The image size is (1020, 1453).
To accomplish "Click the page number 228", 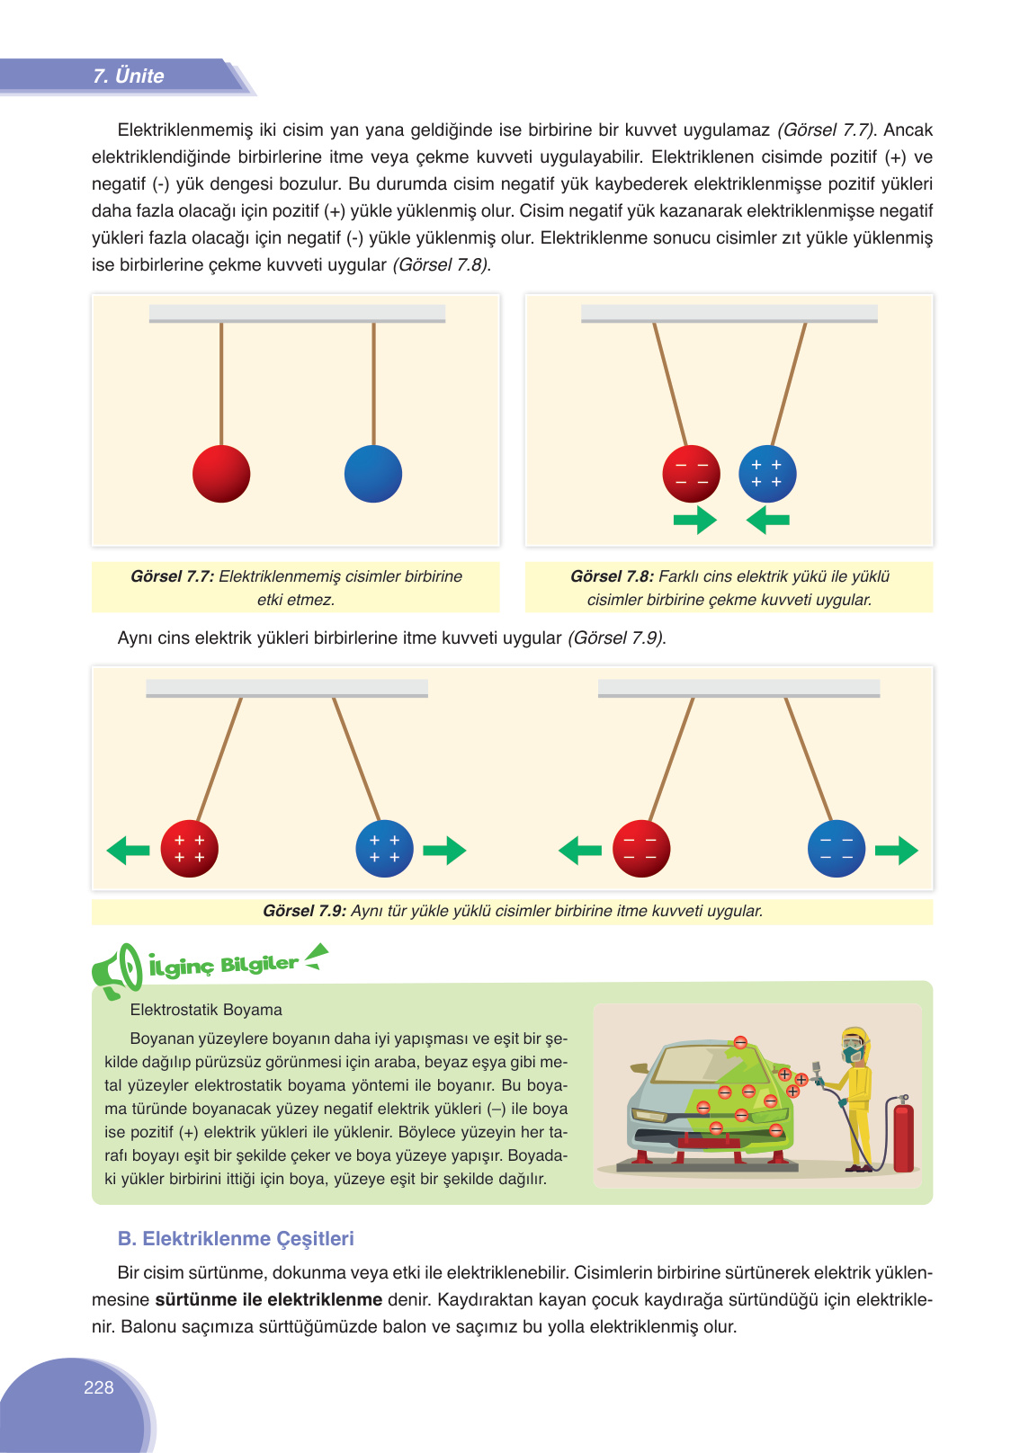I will coord(99,1387).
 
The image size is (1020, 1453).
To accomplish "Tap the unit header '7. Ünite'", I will coord(129,76).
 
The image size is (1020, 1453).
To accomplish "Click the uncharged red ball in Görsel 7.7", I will coord(221,474).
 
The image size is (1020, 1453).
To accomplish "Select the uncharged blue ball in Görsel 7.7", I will coord(373,474).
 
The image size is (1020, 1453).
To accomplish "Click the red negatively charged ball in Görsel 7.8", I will coord(692,474).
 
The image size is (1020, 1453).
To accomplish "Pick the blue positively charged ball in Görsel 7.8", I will coord(767,474).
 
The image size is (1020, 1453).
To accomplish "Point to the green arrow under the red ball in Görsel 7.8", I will coord(695,520).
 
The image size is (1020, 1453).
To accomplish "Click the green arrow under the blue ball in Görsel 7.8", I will coord(767,520).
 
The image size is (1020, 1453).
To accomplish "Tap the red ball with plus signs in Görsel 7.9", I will coord(190,849).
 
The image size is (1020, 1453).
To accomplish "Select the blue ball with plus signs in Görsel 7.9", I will coord(385,849).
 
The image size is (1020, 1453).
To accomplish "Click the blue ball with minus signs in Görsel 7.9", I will coord(837,849).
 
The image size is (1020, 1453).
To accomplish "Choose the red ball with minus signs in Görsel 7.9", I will coord(641,849).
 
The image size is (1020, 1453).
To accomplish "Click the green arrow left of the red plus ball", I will coord(128,850).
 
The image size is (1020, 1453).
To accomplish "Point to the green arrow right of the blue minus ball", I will coord(896,850).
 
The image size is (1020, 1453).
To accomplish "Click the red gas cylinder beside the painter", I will coord(903,1136).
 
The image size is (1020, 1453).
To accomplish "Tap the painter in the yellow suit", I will coord(856,1097).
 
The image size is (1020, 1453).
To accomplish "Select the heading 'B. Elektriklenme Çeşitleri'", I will coord(236,1238).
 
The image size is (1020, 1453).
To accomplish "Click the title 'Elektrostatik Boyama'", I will coord(206,1010).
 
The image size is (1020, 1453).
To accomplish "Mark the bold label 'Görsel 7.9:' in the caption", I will coord(304,911).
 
